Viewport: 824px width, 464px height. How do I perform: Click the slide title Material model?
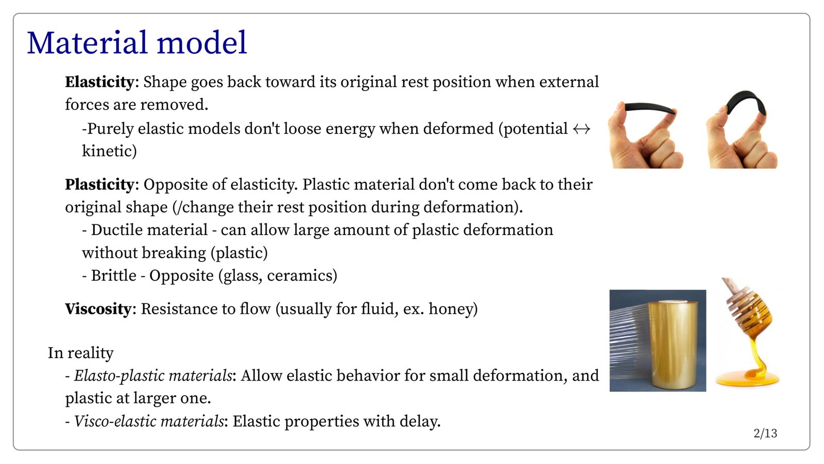137,43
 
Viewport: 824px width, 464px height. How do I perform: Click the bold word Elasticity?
99,82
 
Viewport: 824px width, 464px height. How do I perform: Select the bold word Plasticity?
99,185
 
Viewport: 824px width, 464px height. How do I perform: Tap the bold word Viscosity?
98,309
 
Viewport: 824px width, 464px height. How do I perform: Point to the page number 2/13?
765,434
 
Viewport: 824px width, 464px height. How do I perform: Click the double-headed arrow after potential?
581,129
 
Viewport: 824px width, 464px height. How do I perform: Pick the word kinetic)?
109,151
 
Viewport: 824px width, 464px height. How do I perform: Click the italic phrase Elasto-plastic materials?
153,376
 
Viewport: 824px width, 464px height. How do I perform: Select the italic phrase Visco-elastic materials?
149,421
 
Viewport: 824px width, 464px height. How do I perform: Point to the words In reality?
80,353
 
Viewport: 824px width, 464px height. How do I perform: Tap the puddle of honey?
747,379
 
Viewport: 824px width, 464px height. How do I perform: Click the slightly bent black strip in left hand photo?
649,108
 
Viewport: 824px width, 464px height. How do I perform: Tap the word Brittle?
114,276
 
